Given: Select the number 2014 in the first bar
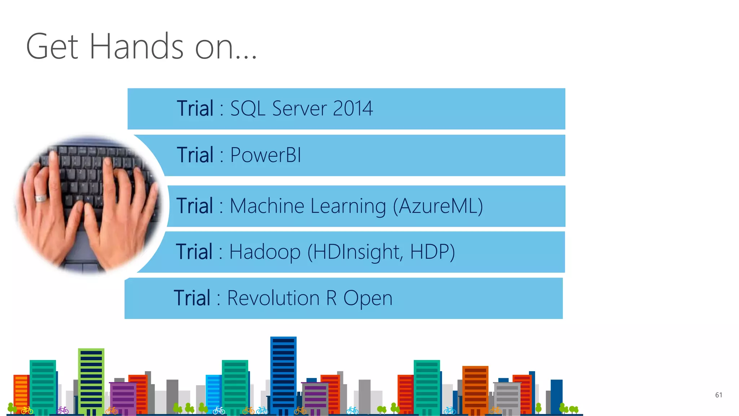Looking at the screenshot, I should point(353,108).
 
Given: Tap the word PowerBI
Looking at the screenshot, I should point(266,155).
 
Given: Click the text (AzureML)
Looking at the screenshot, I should point(438,207).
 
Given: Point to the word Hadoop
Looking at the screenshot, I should point(265,252).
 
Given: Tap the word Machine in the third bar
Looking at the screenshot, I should point(267,206).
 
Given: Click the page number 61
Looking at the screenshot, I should point(718,395).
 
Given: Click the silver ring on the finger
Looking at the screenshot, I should point(40,198).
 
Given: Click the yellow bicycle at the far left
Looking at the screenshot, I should point(27,411).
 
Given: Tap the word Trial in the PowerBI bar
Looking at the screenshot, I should point(195,155).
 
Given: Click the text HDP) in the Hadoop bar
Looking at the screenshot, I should point(432,252).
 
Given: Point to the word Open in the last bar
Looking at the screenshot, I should point(367,298).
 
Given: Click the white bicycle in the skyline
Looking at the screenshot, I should point(219,411).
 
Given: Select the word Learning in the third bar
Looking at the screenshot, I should point(348,207).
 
